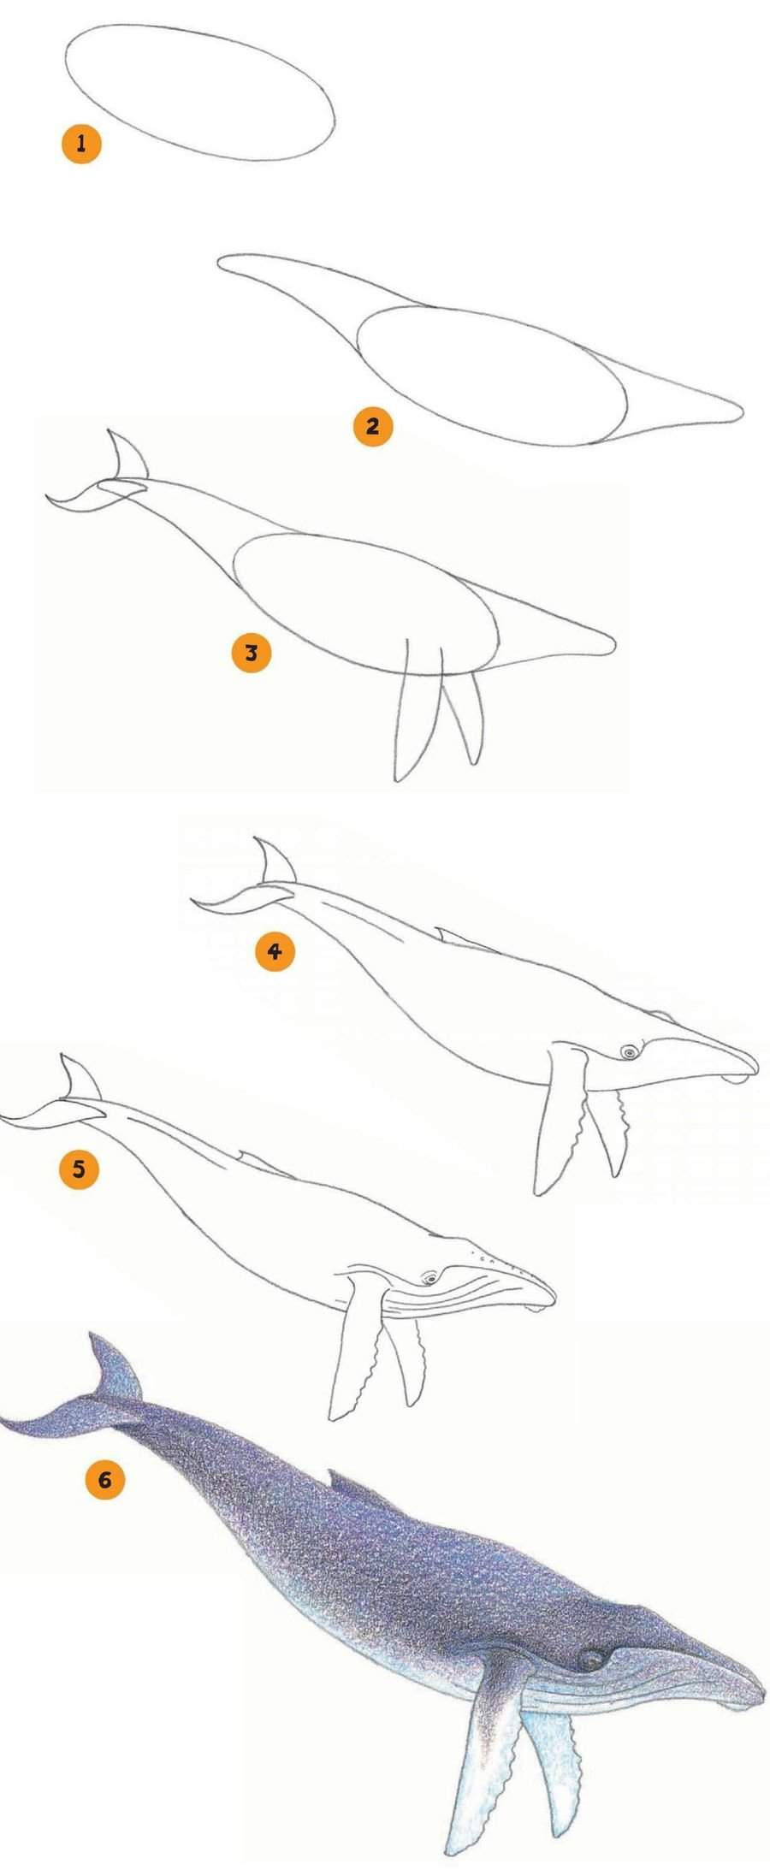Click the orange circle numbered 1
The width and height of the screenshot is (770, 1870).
point(81,143)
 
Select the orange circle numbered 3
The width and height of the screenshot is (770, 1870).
point(252,653)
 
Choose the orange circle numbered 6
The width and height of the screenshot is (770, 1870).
point(105,1479)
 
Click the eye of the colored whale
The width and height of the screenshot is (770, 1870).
point(589,1659)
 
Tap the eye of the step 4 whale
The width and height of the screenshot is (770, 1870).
point(630,1051)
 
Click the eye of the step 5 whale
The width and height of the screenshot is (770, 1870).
point(429,1278)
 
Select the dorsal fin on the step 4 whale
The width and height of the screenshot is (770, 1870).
point(462,939)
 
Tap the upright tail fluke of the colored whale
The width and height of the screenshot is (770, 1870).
point(115,1367)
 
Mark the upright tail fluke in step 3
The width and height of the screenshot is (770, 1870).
point(127,457)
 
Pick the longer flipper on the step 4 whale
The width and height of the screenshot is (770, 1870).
point(559,1116)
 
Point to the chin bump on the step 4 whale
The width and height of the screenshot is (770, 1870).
point(734,1079)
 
